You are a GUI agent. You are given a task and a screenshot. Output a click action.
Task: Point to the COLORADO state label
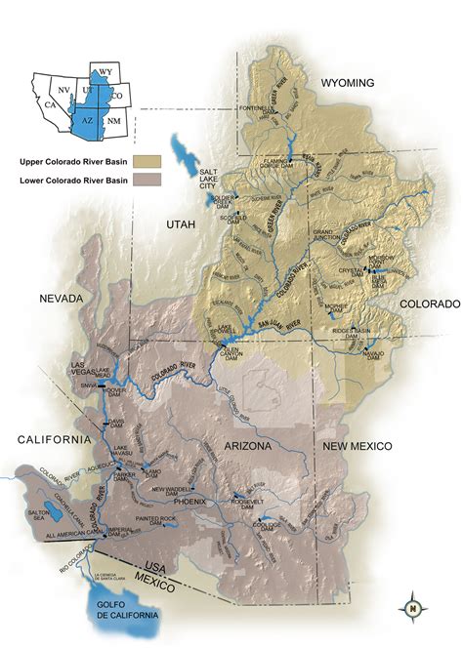(429, 304)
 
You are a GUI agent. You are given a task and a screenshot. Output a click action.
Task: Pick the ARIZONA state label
(257, 444)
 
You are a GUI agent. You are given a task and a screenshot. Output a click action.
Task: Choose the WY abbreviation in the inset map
(105, 72)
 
